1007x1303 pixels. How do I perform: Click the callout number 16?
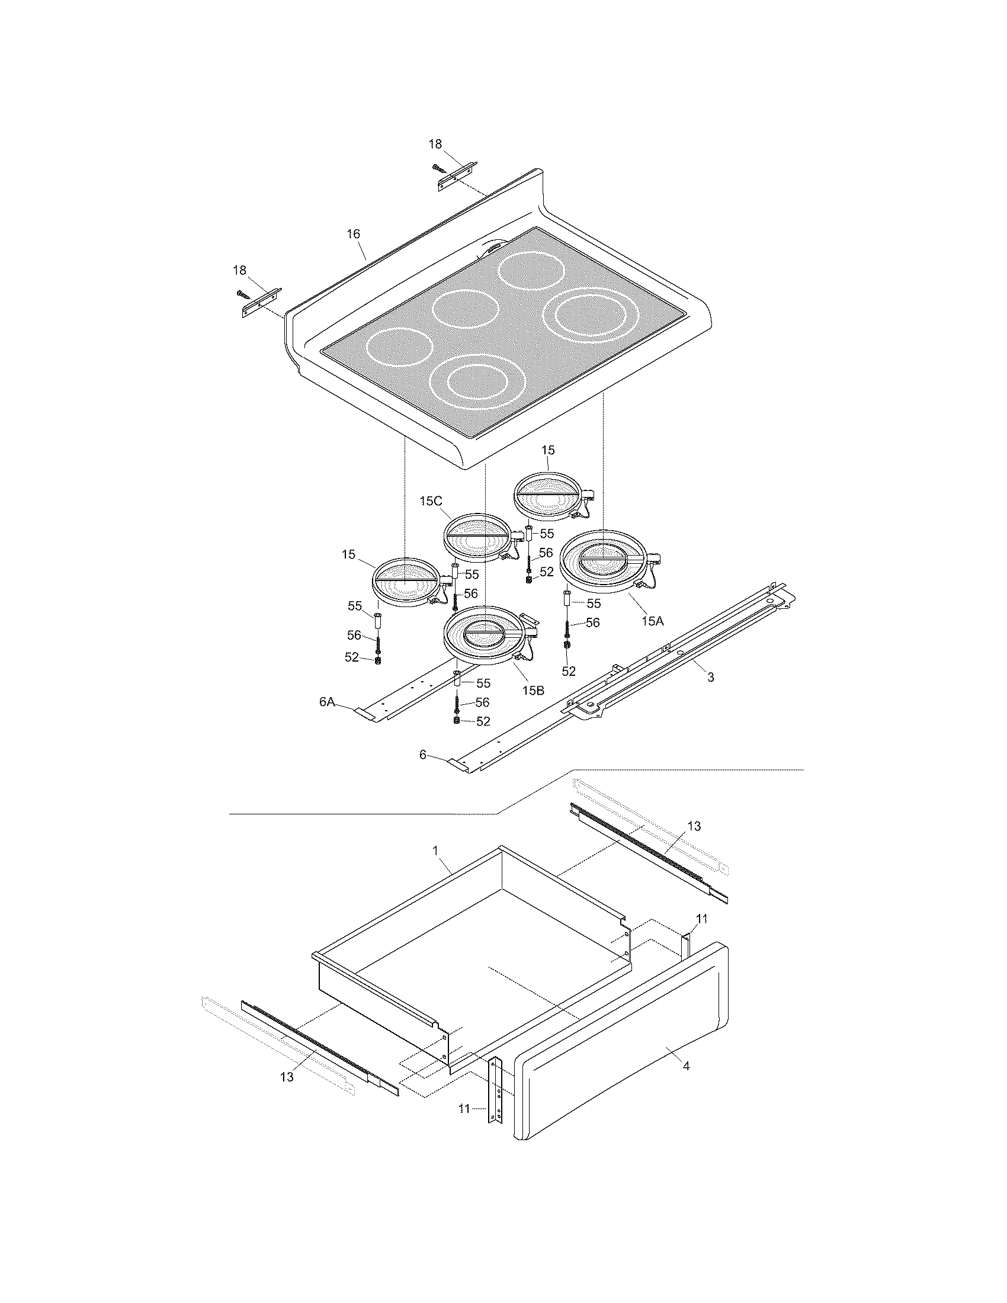(x=354, y=234)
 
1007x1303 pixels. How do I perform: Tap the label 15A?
(x=652, y=621)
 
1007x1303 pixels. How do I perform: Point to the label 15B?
(x=533, y=689)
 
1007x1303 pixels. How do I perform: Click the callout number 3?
(x=710, y=678)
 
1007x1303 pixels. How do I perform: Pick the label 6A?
(x=327, y=702)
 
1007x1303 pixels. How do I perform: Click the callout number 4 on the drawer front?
(x=686, y=1065)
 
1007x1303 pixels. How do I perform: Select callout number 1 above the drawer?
(x=436, y=849)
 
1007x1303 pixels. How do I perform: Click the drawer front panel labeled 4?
(x=620, y=1068)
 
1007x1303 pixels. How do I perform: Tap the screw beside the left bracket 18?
(x=242, y=294)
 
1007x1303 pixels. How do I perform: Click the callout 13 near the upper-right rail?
(x=694, y=826)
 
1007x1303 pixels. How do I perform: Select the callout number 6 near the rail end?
(x=423, y=755)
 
